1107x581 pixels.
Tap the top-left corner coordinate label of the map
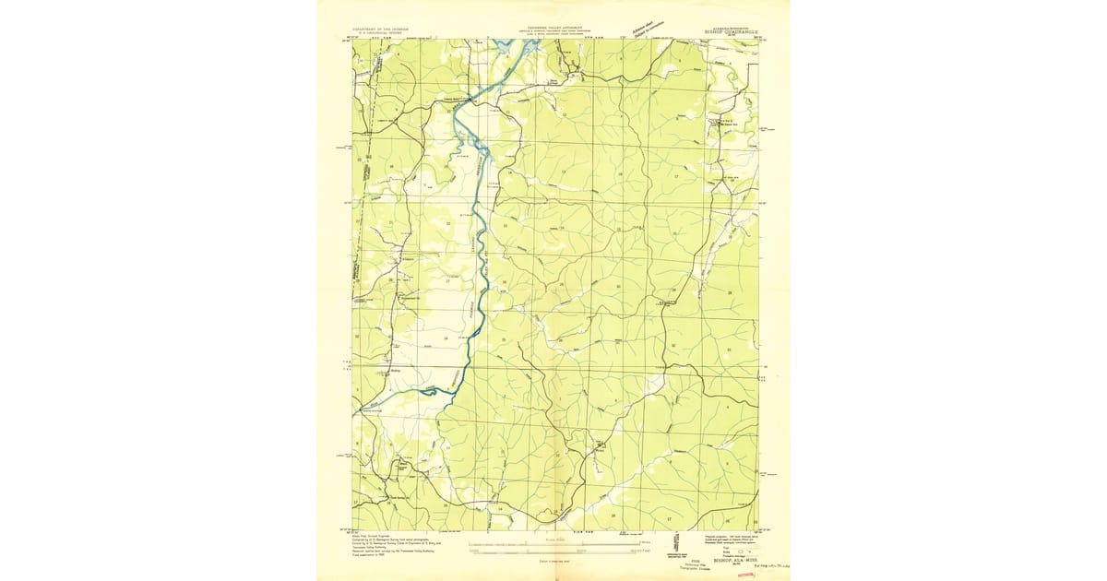(348, 39)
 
